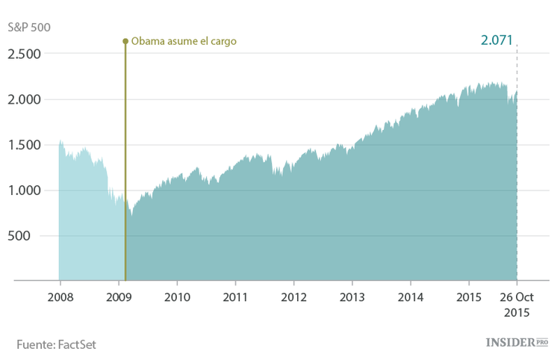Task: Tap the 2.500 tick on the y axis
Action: click(25, 54)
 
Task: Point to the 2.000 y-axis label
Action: click(25, 99)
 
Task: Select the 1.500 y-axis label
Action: click(25, 145)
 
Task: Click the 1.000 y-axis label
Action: click(25, 190)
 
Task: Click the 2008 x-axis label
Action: click(59, 296)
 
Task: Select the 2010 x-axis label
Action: click(177, 296)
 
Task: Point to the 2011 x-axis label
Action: click(235, 296)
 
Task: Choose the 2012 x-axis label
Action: click(293, 296)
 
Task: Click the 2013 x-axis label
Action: click(352, 296)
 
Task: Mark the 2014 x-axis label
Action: click(410, 296)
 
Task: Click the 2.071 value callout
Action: click(497, 40)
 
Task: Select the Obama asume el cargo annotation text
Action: click(184, 42)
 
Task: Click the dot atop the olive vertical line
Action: click(125, 41)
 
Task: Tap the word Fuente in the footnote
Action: click(33, 344)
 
